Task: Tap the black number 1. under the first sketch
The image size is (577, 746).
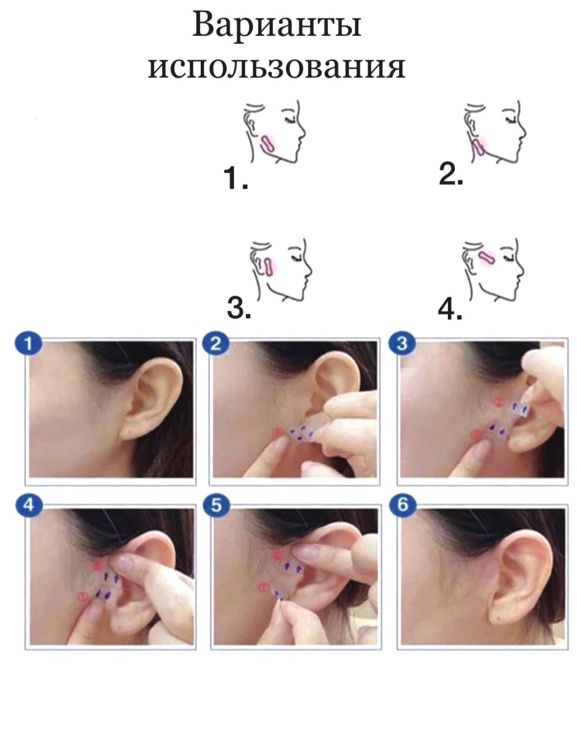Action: point(236,179)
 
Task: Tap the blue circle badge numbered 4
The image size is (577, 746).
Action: point(29,505)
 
